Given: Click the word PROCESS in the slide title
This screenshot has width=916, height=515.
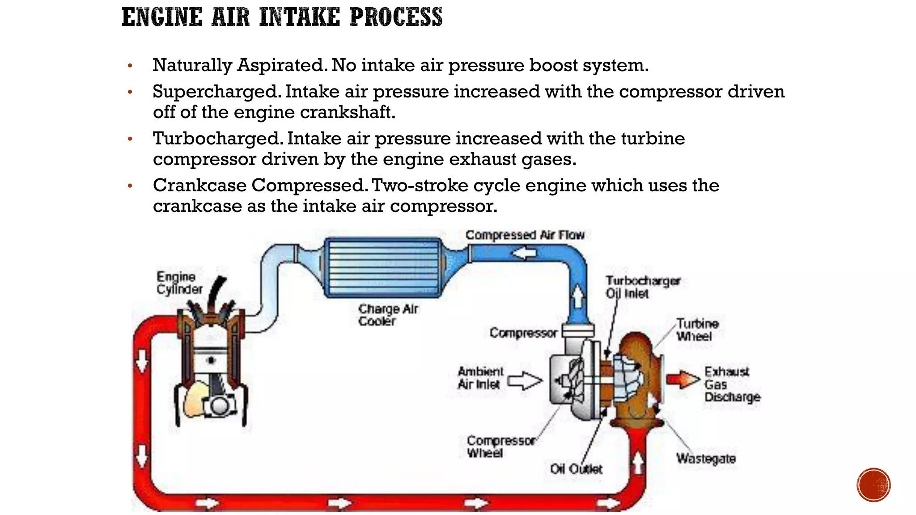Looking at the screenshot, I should [396, 17].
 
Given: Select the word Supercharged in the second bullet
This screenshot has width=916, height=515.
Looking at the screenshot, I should [217, 92].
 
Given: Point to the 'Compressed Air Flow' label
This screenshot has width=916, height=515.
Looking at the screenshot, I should [525, 235].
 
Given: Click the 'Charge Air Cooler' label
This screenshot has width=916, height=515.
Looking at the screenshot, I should [388, 315].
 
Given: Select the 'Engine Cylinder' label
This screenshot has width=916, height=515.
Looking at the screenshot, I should [179, 283].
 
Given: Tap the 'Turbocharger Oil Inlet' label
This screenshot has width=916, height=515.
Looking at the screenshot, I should [642, 287].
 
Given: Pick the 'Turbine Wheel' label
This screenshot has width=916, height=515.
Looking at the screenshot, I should [697, 330].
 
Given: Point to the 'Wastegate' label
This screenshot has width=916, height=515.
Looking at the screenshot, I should [706, 459].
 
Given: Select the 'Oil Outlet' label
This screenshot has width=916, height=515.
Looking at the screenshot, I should [576, 469].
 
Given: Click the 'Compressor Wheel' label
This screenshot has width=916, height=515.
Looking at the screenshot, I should [500, 447].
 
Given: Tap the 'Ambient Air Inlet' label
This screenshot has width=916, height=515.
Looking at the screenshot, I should [480, 378].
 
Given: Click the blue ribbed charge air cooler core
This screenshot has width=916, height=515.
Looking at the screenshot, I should [383, 267].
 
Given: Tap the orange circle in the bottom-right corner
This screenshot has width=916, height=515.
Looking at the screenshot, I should [874, 485].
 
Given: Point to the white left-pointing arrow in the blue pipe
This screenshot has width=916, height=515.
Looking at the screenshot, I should [524, 253].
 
